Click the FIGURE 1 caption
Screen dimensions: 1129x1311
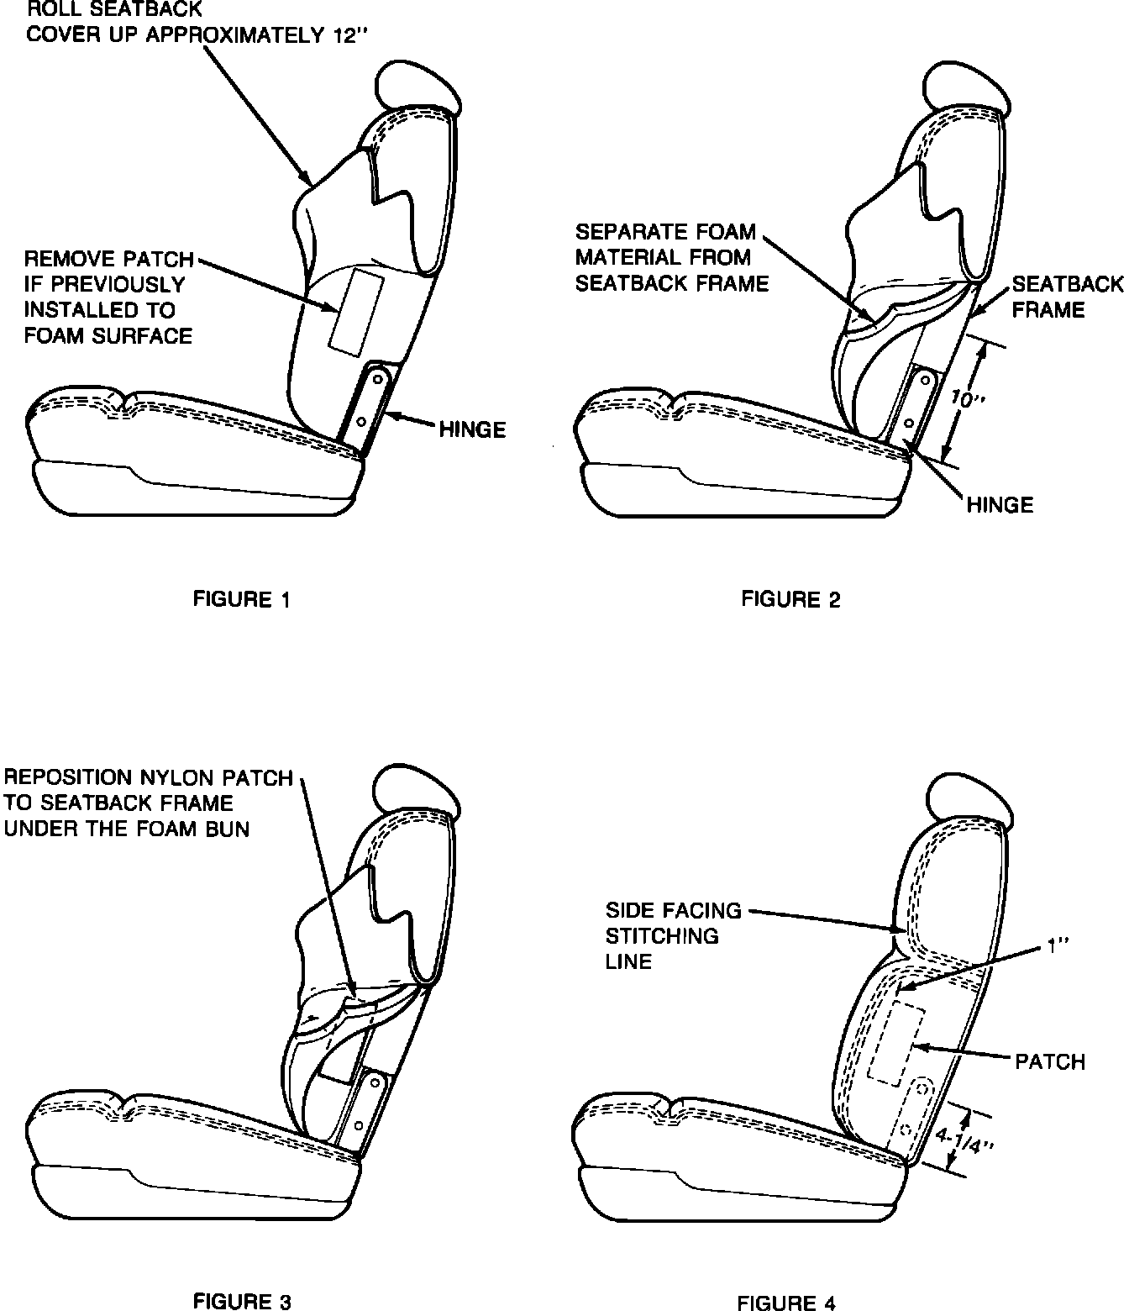coord(242,599)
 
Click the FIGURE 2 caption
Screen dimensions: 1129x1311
coord(790,599)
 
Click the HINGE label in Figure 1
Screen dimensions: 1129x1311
coord(472,429)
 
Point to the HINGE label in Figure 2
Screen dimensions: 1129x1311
coord(1000,504)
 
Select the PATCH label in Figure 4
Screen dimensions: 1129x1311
coord(1050,1061)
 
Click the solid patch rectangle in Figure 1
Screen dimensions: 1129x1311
coord(356,311)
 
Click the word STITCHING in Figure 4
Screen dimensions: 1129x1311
coord(662,935)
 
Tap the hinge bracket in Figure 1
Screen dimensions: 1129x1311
coord(370,405)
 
